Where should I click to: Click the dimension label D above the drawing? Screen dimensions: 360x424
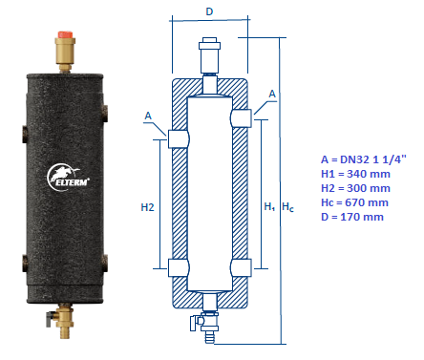[x=209, y=11]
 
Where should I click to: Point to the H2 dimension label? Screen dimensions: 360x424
[x=146, y=204]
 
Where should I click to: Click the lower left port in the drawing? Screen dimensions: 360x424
[x=179, y=267]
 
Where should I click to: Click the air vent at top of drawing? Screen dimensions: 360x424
[x=210, y=53]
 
